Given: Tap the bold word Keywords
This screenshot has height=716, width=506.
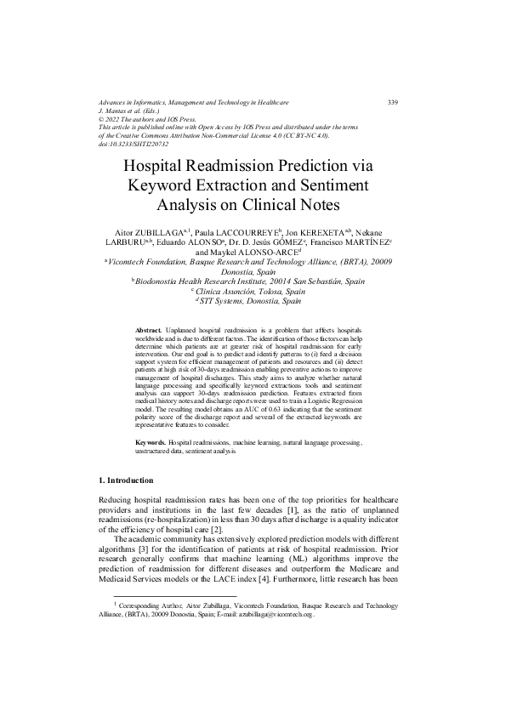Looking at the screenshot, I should (x=152, y=443).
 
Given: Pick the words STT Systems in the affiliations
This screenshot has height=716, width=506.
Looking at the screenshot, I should (x=226, y=300).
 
